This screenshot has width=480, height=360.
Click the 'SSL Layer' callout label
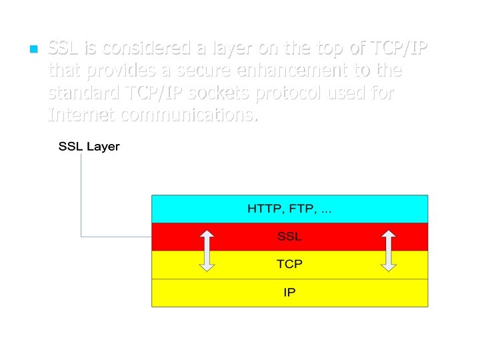pyautogui.click(x=89, y=147)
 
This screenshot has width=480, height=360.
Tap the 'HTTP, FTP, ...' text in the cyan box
pyautogui.click(x=289, y=209)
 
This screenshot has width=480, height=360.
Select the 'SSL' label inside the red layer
pyautogui.click(x=289, y=236)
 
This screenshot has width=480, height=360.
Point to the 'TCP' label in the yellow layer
pyautogui.click(x=289, y=264)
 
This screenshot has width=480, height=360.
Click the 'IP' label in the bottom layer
pyautogui.click(x=289, y=292)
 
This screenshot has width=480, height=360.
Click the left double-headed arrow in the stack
pyautogui.click(x=207, y=251)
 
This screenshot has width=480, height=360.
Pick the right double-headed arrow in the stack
pyautogui.click(x=389, y=251)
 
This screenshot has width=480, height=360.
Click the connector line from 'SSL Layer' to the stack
pyautogui.click(x=81, y=200)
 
